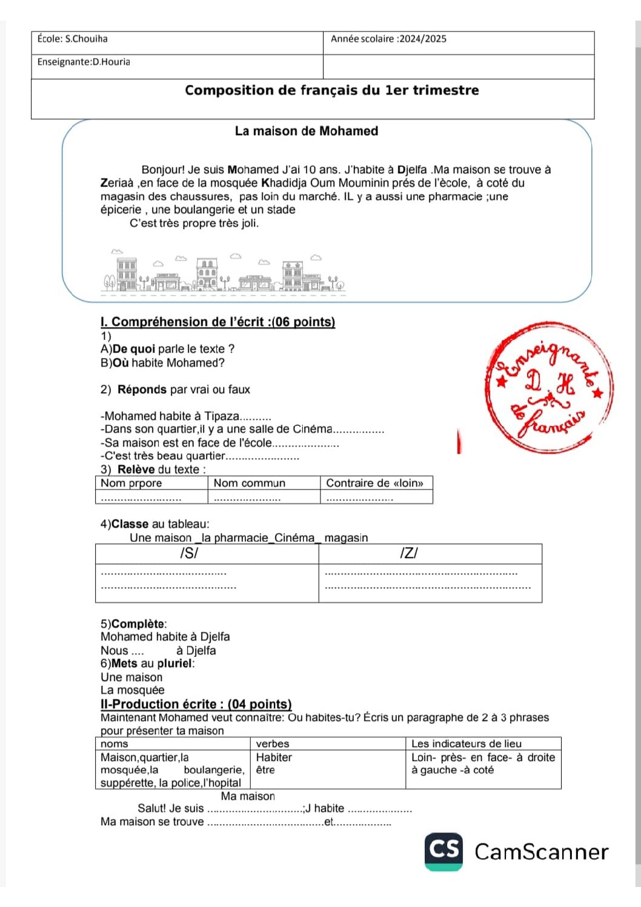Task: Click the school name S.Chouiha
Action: pos(86,39)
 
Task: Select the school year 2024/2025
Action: pos(423,39)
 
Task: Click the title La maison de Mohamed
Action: pos(307,131)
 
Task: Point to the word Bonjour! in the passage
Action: pos(163,170)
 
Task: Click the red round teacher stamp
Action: pos(548,388)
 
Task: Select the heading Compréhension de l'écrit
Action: pos(218,322)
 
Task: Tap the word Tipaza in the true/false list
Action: pos(222,416)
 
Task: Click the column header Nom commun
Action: pos(249,483)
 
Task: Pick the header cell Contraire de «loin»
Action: pos(374,483)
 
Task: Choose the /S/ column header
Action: pos(189,553)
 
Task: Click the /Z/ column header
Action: pos(409,553)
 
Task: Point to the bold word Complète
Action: pos(138,624)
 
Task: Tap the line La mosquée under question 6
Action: pos(132,690)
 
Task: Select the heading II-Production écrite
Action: pos(196,704)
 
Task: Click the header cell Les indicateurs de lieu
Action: pos(466,743)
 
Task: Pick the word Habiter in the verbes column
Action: pos(274,757)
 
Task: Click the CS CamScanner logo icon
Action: pos(443,851)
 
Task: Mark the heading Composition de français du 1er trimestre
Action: pos(331,90)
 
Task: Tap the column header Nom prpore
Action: pos(131,483)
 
